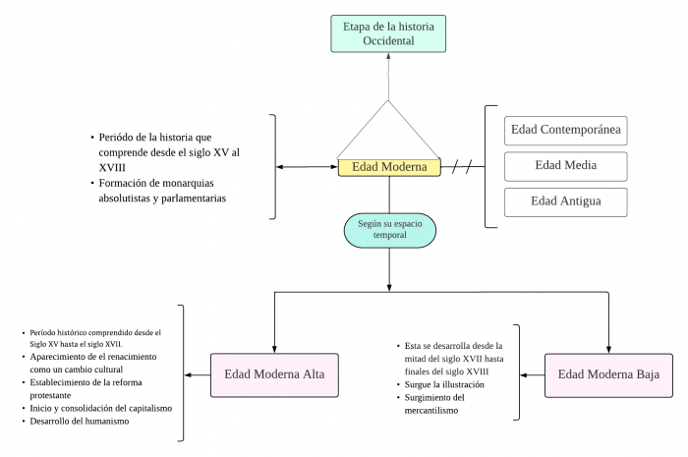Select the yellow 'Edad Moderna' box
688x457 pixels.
click(x=389, y=167)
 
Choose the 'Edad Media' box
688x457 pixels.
click(x=564, y=166)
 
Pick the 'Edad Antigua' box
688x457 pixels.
click(x=564, y=202)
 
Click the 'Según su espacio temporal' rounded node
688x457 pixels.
click(x=389, y=230)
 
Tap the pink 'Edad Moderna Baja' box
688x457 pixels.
click(x=608, y=374)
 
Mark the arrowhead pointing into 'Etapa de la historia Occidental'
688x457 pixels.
click(x=388, y=57)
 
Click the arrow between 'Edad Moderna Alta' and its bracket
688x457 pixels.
click(x=198, y=374)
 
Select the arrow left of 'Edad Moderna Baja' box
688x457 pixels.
click(x=532, y=374)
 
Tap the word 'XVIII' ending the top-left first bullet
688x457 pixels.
click(x=112, y=167)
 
